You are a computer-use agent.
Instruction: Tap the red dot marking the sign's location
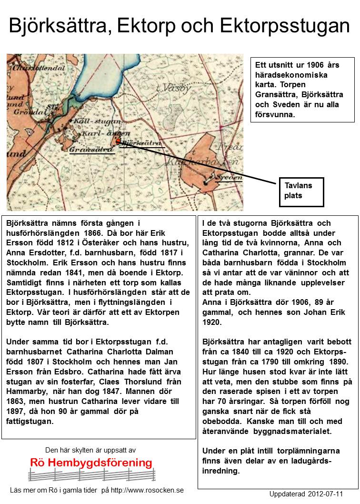click(x=118, y=141)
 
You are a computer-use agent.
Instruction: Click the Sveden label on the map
click(x=228, y=177)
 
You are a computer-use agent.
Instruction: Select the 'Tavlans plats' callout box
click(x=301, y=192)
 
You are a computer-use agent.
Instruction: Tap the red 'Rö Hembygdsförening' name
click(x=91, y=463)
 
